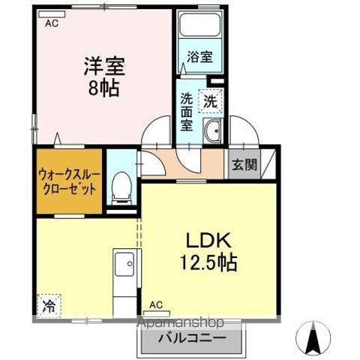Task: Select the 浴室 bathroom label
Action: tap(199, 55)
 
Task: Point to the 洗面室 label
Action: tap(187, 110)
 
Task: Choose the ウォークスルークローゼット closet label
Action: tap(67, 181)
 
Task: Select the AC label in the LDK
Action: tap(155, 304)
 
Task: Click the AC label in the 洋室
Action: tap(51, 24)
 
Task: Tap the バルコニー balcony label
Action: tap(192, 339)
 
